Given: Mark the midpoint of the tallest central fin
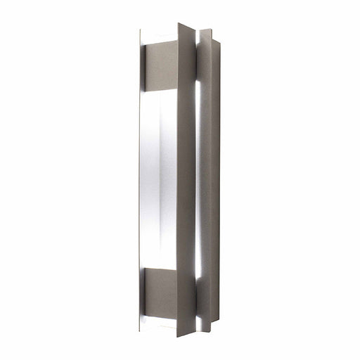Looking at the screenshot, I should click(x=186, y=179).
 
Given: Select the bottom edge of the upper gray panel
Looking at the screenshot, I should click(x=160, y=91).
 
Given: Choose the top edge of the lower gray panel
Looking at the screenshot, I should click(x=160, y=267).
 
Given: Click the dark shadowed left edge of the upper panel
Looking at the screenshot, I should click(x=144, y=68).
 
